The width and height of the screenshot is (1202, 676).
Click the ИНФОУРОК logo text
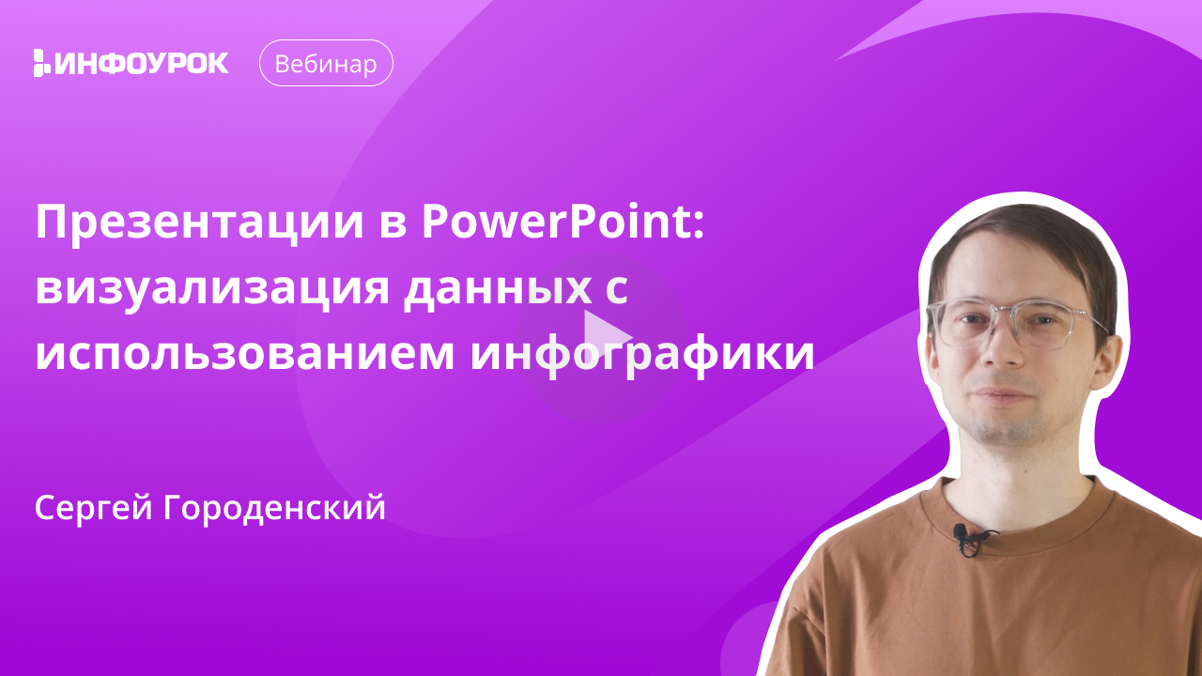point(142,63)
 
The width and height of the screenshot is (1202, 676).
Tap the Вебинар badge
point(326,63)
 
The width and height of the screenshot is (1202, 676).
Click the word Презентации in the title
point(200,223)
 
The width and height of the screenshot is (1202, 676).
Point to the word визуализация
point(212,290)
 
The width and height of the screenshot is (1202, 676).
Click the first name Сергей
point(94,508)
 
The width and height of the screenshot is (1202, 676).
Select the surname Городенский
point(274,508)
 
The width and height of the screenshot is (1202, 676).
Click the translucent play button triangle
point(606,335)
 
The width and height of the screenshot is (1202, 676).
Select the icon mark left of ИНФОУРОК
point(42,63)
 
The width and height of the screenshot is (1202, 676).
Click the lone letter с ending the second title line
point(617,292)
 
